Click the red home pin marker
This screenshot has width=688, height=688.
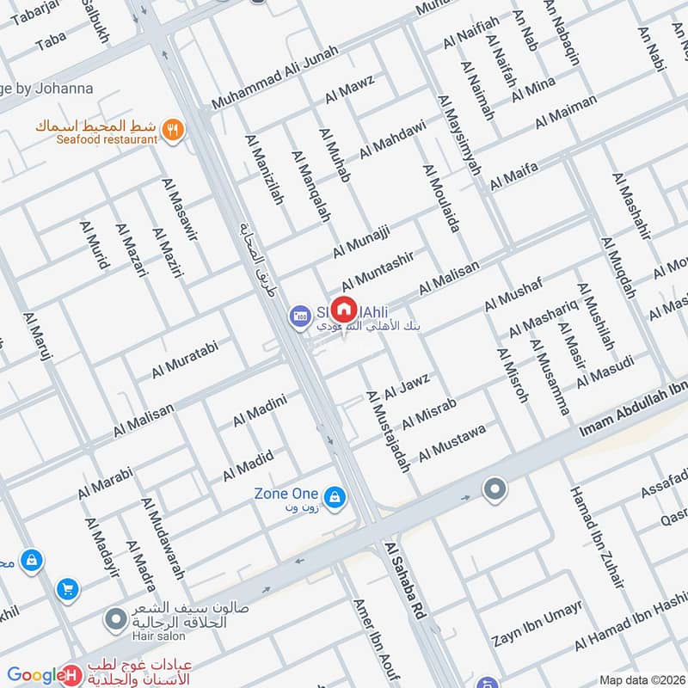pos(344,309)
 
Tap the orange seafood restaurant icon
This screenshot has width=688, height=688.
pos(174,131)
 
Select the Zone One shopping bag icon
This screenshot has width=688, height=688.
pos(335,496)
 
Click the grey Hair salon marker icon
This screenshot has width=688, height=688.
pos(115,618)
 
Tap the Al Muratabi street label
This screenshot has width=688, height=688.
pos(185,359)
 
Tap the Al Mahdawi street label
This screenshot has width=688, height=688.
pos(392,138)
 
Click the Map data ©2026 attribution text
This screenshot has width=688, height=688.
pos(641,679)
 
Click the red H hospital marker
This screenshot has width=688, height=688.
pos(73,676)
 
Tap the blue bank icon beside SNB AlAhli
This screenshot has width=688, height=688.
pos(299,316)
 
